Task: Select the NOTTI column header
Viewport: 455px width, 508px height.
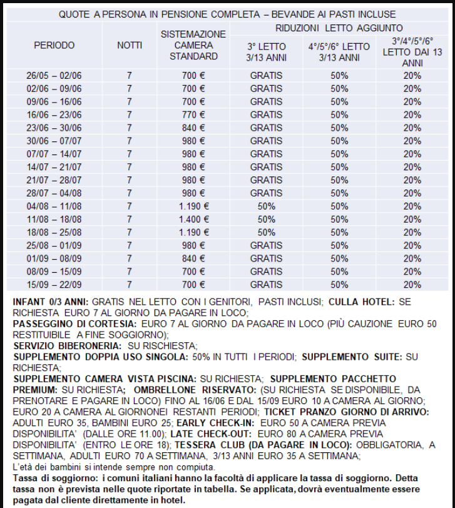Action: (130, 46)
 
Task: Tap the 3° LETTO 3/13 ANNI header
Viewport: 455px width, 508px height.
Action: (267, 51)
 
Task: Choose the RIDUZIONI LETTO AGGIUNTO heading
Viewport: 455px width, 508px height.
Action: (339, 28)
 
